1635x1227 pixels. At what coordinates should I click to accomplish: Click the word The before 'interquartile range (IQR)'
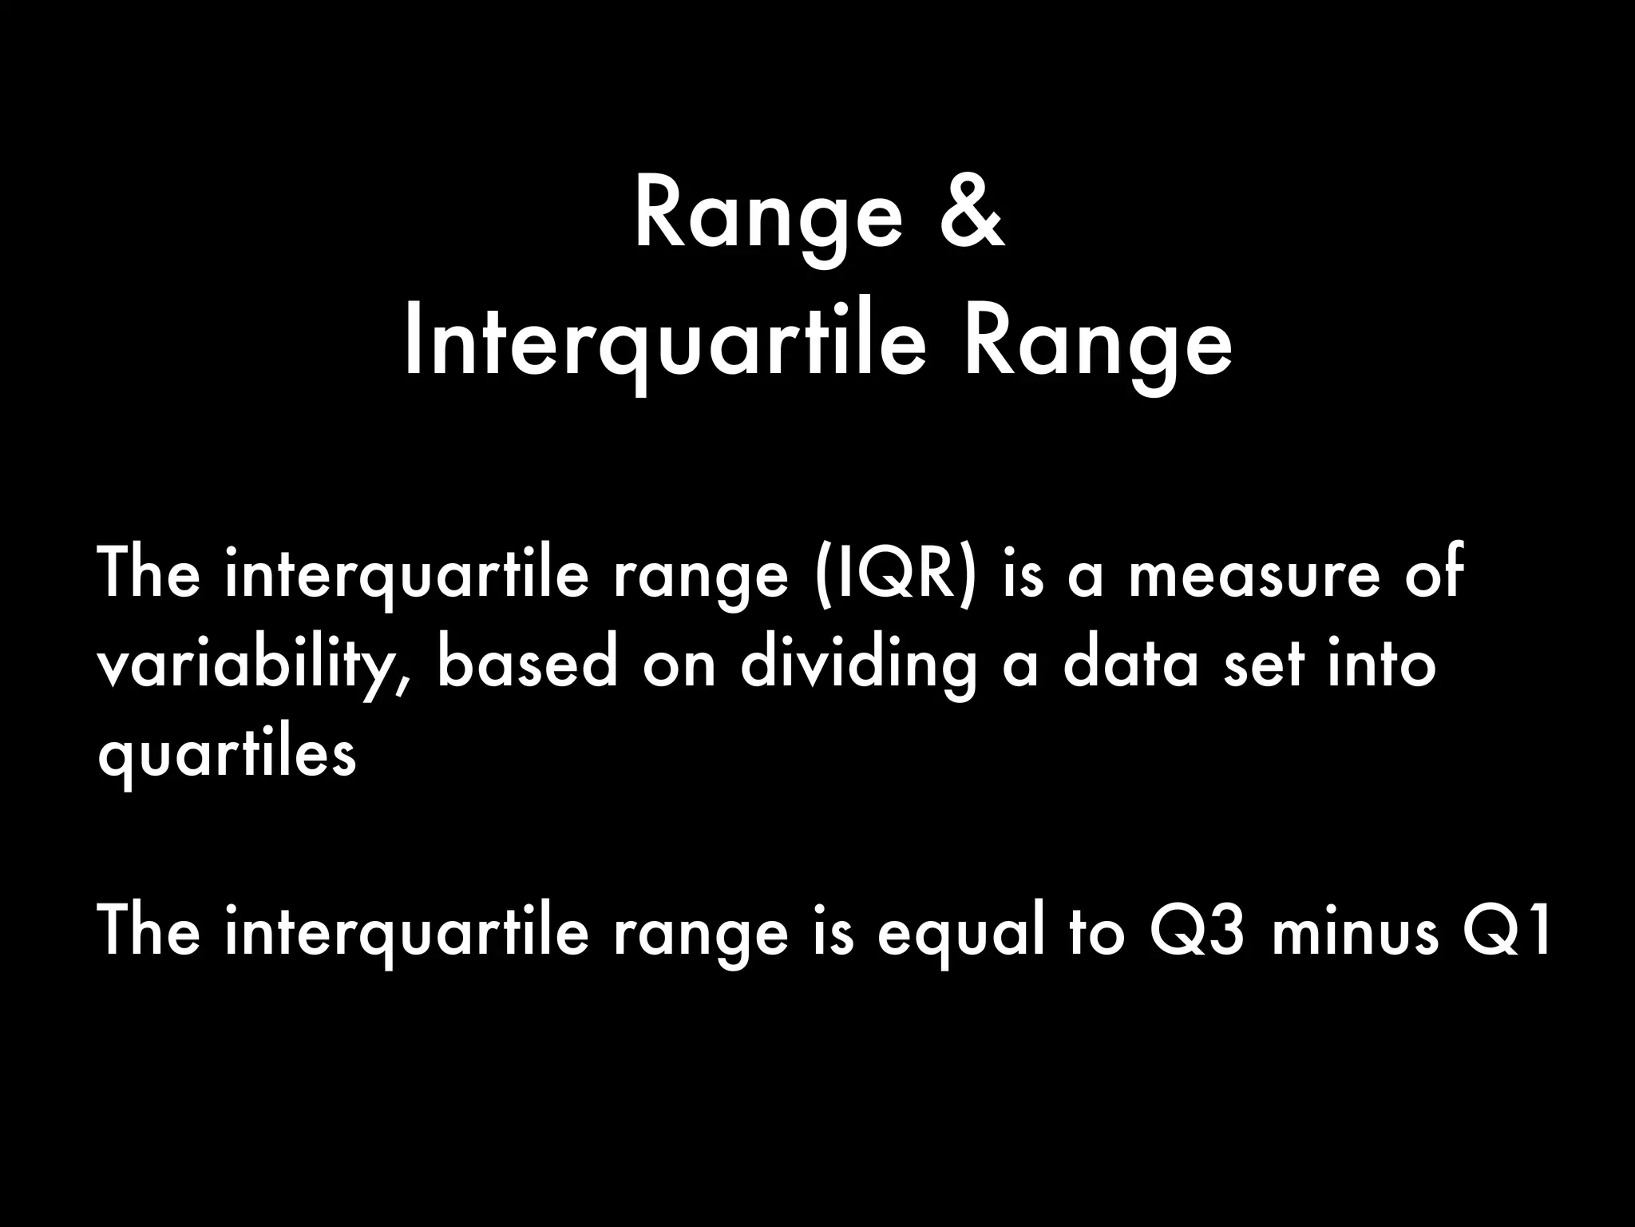[x=148, y=573]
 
